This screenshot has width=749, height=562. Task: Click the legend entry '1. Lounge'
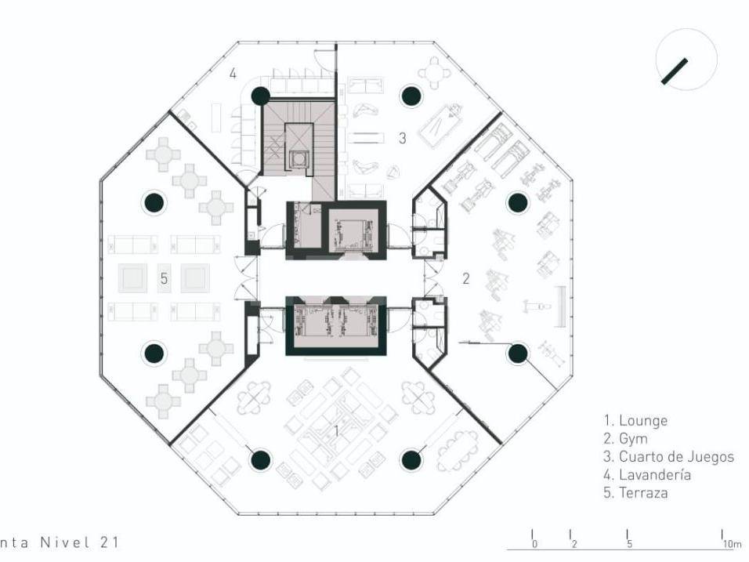click(635, 421)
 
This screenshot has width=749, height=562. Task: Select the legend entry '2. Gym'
click(626, 439)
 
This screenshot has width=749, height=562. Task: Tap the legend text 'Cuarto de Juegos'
click(676, 456)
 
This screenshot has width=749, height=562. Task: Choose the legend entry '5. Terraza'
click(635, 493)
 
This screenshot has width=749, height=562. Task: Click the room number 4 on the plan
click(233, 74)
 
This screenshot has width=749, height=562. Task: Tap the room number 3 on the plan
click(402, 138)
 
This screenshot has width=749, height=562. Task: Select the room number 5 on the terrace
click(165, 278)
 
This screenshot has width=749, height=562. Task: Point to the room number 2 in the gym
click(465, 278)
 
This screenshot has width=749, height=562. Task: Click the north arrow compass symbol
click(686, 60)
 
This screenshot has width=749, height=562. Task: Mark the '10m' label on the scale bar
click(731, 544)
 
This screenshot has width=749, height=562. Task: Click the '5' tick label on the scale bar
click(630, 544)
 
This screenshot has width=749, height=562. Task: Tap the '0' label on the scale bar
click(534, 544)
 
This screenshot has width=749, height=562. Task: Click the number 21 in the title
click(109, 542)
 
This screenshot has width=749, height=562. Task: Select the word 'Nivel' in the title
click(66, 542)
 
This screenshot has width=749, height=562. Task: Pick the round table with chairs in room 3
click(434, 73)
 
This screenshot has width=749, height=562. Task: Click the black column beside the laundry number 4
click(260, 96)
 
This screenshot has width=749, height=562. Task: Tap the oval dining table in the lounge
click(457, 451)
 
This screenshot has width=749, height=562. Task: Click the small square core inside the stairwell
click(299, 158)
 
